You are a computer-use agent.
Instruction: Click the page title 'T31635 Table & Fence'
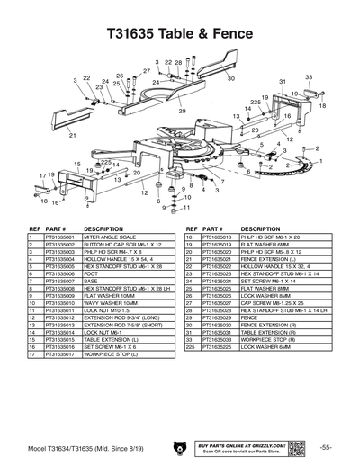point(179,33)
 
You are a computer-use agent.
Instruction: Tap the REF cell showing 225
point(191,347)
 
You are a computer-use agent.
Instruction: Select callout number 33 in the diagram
point(309,77)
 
